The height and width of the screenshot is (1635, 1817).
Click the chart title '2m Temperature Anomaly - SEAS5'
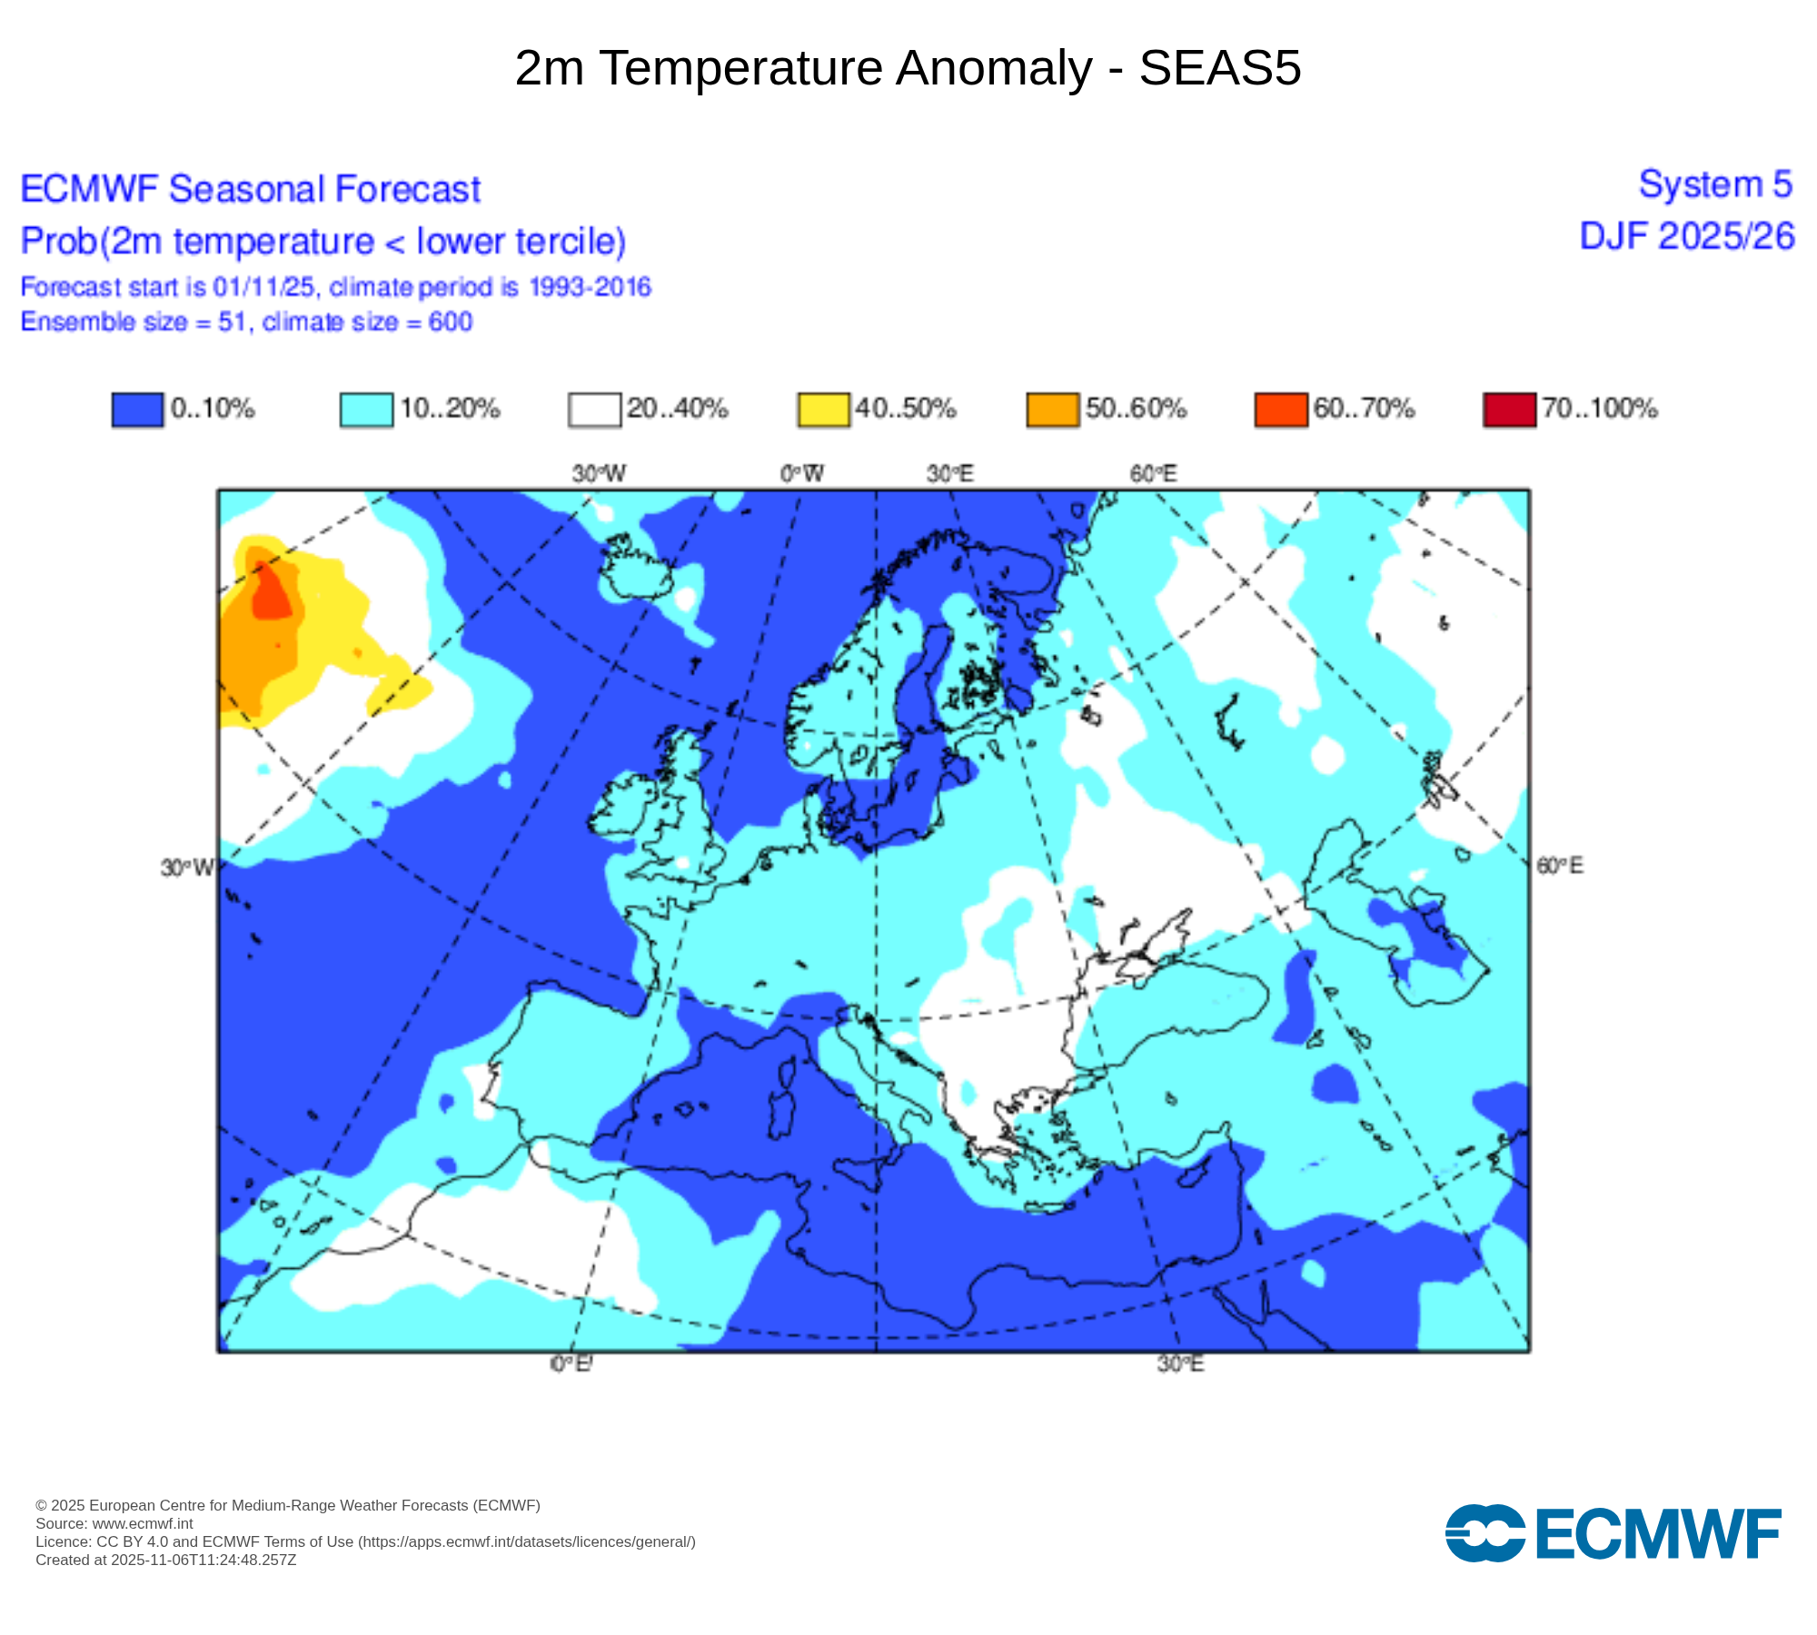click(908, 68)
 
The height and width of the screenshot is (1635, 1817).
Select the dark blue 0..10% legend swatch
click(137, 410)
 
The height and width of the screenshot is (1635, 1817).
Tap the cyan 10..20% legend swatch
click(366, 410)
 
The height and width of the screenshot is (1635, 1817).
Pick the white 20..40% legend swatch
click(595, 410)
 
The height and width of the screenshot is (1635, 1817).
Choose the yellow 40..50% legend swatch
click(824, 410)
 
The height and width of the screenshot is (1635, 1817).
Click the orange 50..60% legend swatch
click(1053, 410)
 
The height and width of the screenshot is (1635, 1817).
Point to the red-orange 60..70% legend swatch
click(1281, 410)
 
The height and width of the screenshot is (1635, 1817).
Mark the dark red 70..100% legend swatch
click(1509, 410)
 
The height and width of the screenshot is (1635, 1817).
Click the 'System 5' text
click(1714, 184)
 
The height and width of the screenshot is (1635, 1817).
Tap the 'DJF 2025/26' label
click(1687, 236)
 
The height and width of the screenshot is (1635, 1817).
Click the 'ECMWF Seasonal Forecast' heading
click(250, 189)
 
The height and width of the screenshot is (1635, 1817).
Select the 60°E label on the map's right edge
click(1559, 866)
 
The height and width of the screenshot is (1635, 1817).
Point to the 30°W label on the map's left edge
click(187, 868)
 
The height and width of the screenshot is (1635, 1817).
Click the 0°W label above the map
click(802, 473)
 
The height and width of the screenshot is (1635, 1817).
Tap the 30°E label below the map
click(1180, 1364)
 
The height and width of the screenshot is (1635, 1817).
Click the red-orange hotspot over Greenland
click(270, 592)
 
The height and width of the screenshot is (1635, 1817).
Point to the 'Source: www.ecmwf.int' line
click(114, 1523)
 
